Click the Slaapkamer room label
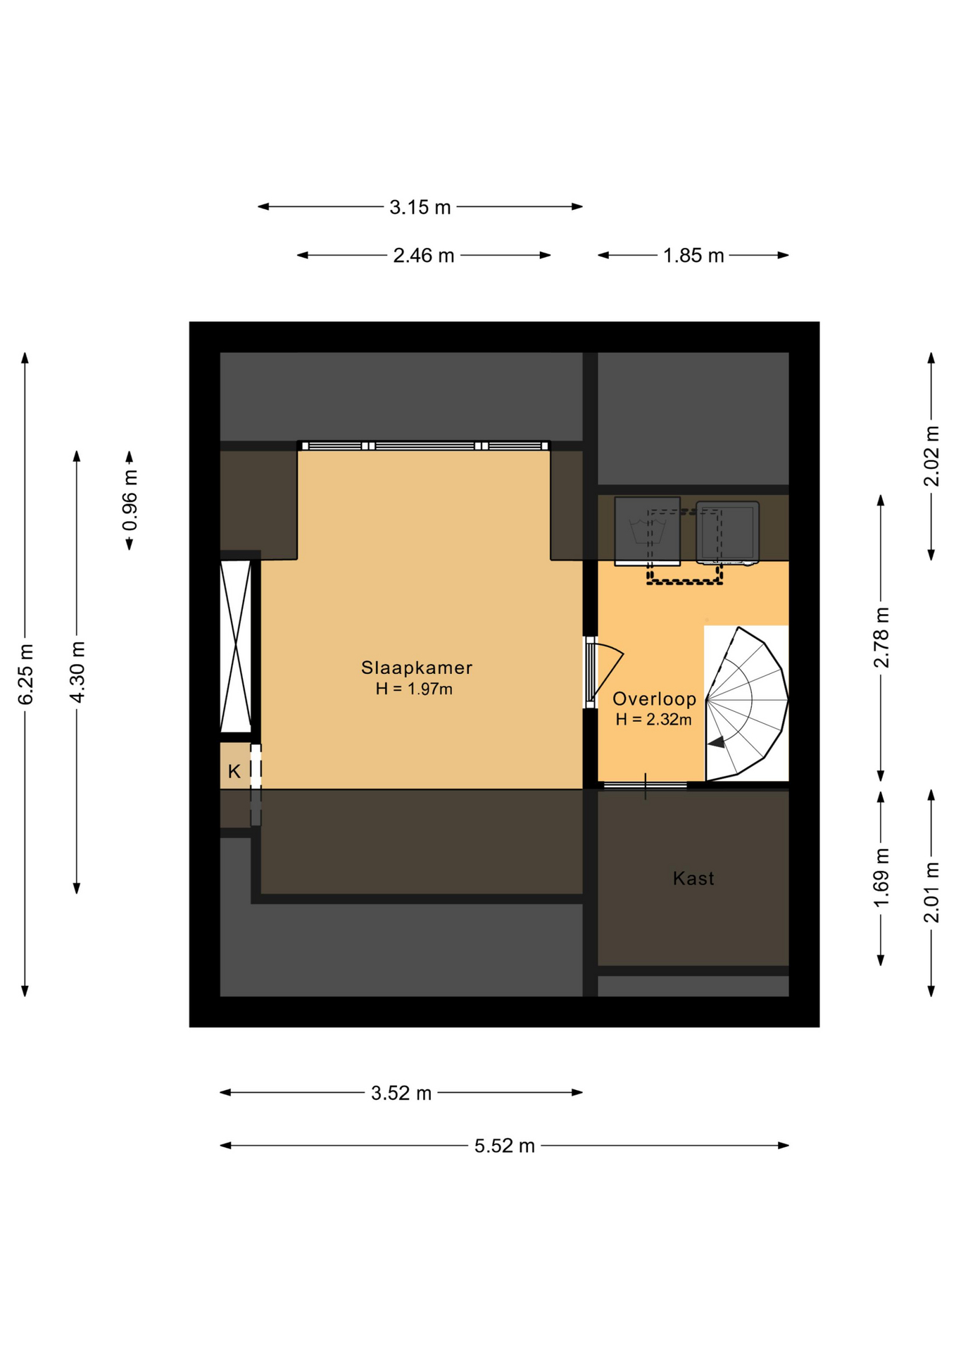(x=416, y=668)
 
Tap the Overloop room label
(x=654, y=699)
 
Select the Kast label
(x=693, y=878)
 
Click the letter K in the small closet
(x=234, y=772)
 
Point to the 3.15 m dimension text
(x=420, y=207)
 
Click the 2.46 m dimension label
(x=424, y=256)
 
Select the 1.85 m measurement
(x=693, y=256)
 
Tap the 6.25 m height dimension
(x=26, y=674)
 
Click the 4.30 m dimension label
(x=77, y=672)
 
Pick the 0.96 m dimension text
(x=130, y=500)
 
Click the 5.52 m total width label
(x=505, y=1146)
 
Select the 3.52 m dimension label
(x=401, y=1093)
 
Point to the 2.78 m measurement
(x=881, y=637)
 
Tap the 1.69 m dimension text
(x=881, y=878)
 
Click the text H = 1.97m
(x=414, y=689)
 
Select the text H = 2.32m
(x=653, y=720)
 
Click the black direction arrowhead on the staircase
(x=717, y=742)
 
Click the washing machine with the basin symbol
(x=647, y=531)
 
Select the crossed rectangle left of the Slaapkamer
(x=235, y=646)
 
